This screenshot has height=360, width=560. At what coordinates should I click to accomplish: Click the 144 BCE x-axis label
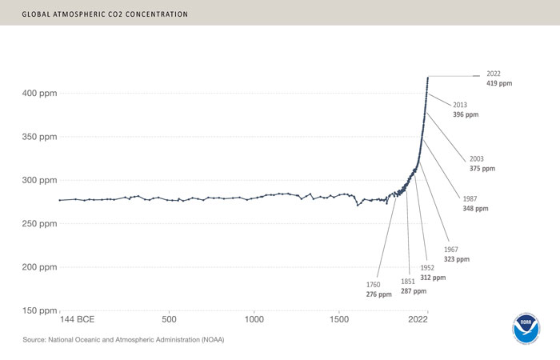pyautogui.click(x=82, y=318)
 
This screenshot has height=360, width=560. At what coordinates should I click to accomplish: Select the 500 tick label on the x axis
pyautogui.click(x=169, y=318)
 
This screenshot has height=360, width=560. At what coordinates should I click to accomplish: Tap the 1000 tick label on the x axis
pyautogui.click(x=254, y=318)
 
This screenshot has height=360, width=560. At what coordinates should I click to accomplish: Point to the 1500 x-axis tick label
pyautogui.click(x=339, y=318)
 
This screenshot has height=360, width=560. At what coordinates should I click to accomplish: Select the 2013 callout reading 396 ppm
pyautogui.click(x=465, y=110)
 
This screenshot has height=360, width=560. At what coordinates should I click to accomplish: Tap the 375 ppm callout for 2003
pyautogui.click(x=482, y=164)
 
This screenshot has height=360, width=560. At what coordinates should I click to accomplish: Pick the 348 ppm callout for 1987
pyautogui.click(x=474, y=203)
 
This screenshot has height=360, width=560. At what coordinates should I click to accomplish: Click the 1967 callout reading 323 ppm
pyautogui.click(x=457, y=254)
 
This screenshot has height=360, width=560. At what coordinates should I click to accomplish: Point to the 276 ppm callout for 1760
pyautogui.click(x=378, y=290)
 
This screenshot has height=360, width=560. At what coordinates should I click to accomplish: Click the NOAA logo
pyautogui.click(x=526, y=327)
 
